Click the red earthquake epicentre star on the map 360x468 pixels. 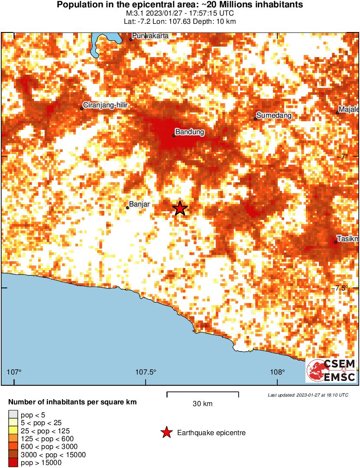(x=180, y=208)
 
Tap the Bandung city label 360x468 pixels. (x=190, y=132)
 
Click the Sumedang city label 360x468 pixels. (x=274, y=116)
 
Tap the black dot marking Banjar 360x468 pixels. (x=127, y=208)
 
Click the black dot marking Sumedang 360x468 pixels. (x=256, y=119)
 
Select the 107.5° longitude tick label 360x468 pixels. (x=146, y=372)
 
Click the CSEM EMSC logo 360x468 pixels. (x=331, y=371)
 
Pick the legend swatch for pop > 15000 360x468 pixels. (x=13, y=463)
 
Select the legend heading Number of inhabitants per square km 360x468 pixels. (x=72, y=402)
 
